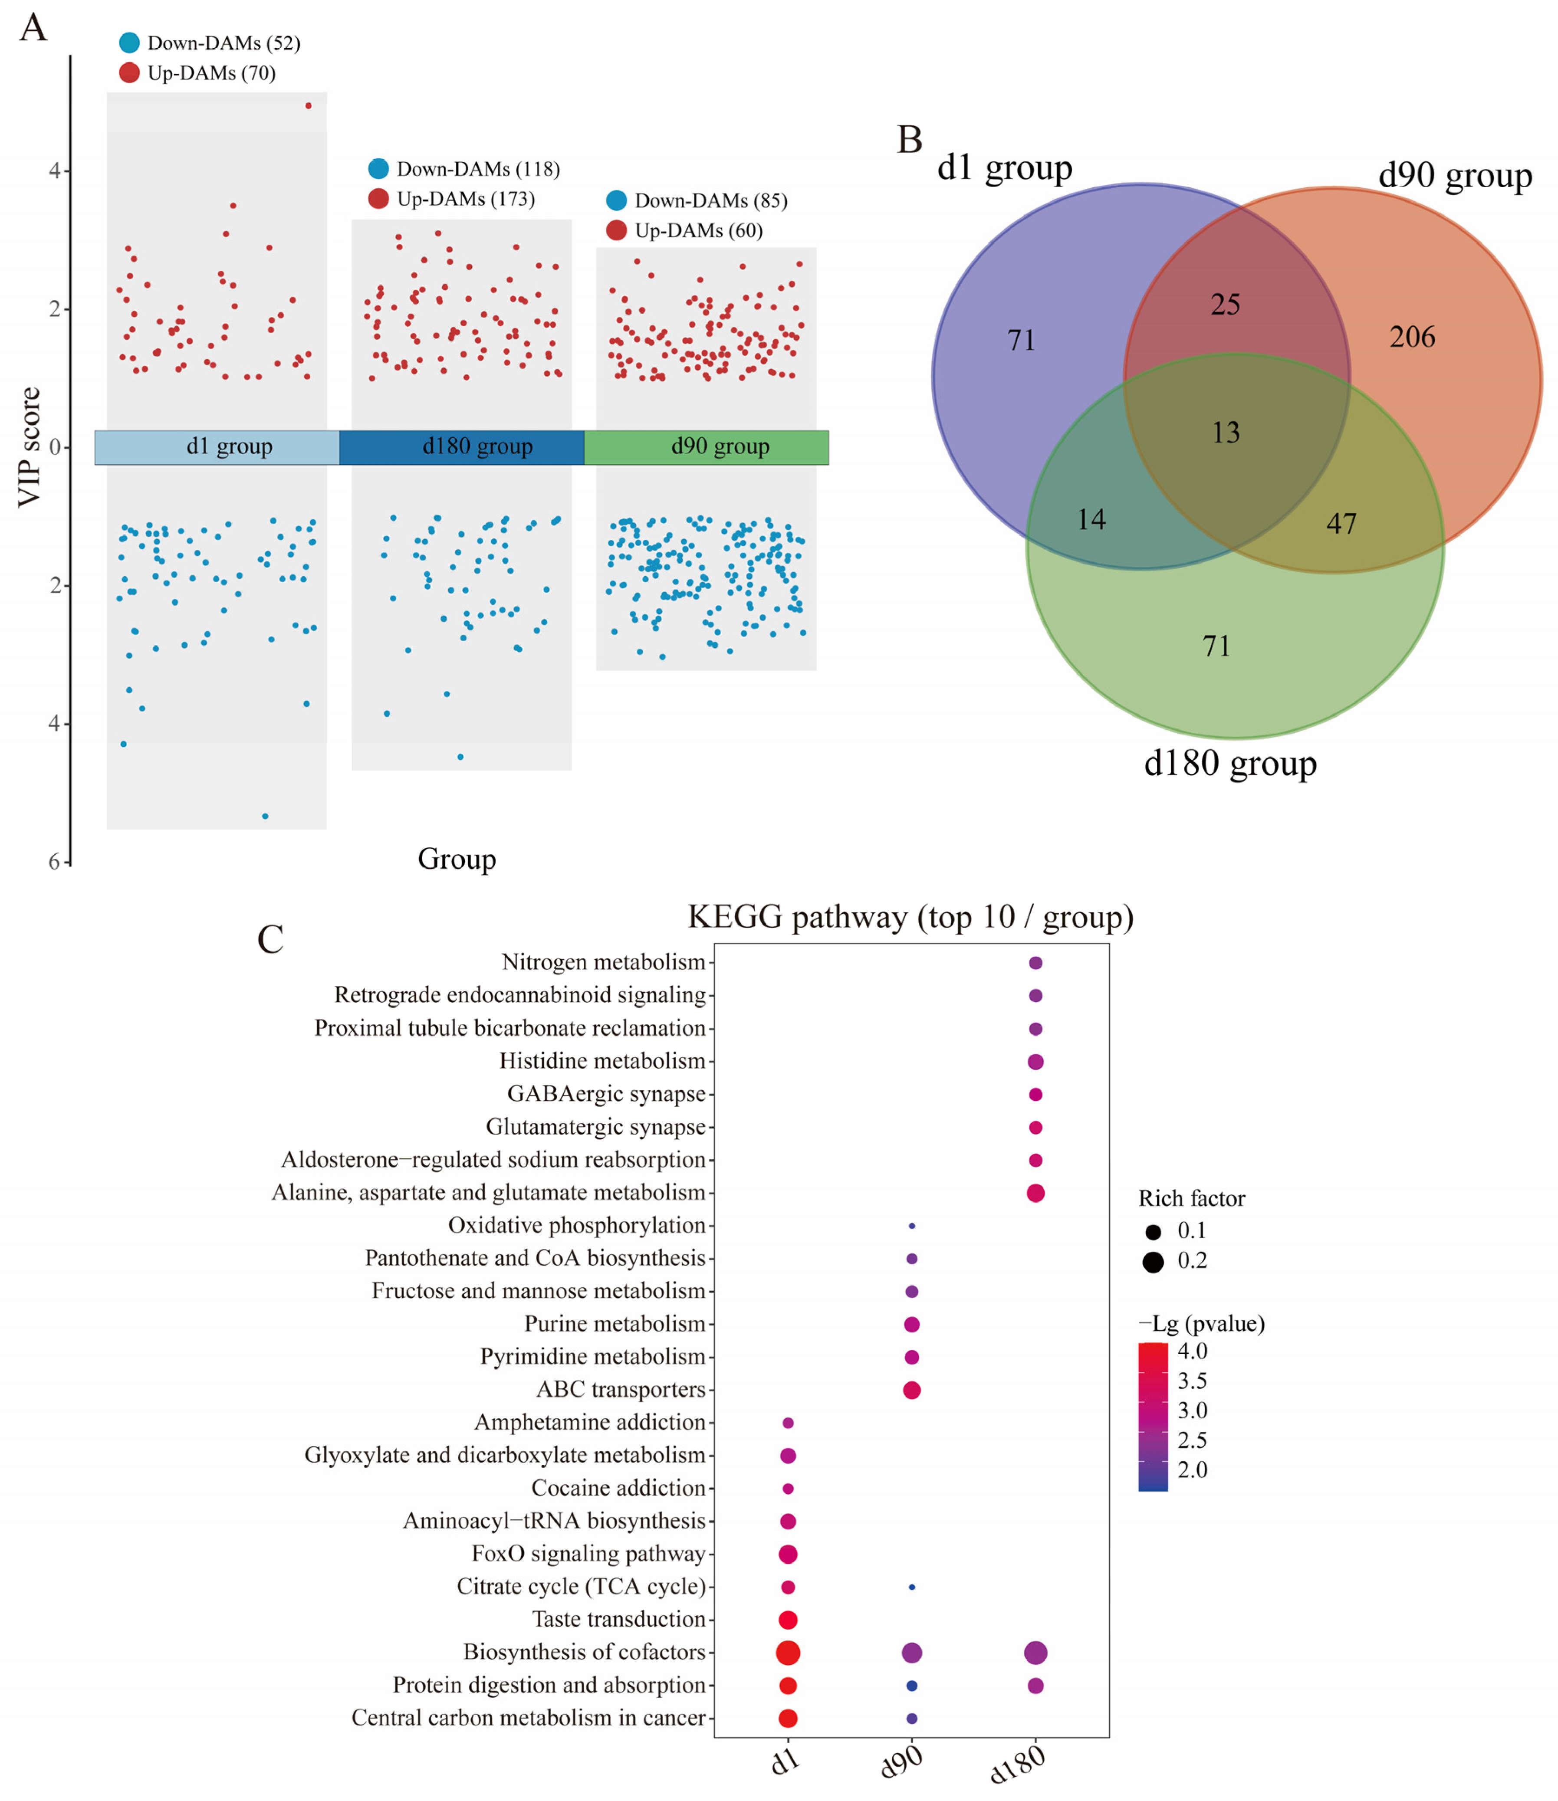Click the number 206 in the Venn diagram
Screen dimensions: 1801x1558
coord(1412,337)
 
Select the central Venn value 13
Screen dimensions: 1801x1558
coord(1226,433)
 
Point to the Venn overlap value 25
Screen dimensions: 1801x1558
coord(1225,304)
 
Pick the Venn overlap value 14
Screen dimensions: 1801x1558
coord(1091,520)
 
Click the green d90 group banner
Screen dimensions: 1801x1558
coord(706,447)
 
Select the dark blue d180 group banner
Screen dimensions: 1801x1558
coord(462,447)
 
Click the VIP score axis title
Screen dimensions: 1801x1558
coord(30,447)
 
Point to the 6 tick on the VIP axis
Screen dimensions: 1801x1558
coord(55,861)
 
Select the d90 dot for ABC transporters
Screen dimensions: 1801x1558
coord(911,1390)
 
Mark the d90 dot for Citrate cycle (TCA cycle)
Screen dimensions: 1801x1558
coord(911,1587)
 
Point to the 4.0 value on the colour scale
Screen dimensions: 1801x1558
coord(1192,1351)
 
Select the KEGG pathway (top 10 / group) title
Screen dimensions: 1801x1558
coord(910,917)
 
